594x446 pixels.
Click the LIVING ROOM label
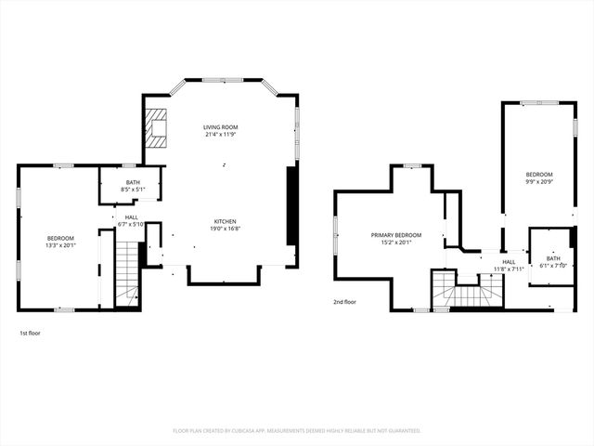pyautogui.click(x=221, y=127)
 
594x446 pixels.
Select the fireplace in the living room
pyautogui.click(x=155, y=129)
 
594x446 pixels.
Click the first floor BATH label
pyautogui.click(x=133, y=183)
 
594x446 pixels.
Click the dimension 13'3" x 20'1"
pyautogui.click(x=61, y=246)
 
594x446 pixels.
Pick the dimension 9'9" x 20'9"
pyautogui.click(x=539, y=182)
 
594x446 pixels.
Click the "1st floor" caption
pyautogui.click(x=30, y=333)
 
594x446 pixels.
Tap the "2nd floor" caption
pyautogui.click(x=345, y=302)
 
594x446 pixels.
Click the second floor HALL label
pyautogui.click(x=510, y=262)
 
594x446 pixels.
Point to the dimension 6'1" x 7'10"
pyautogui.click(x=553, y=265)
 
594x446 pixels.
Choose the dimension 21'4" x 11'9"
pyautogui.click(x=221, y=135)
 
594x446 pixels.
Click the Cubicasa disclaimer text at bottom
pyautogui.click(x=297, y=430)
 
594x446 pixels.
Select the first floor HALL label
pyautogui.click(x=133, y=217)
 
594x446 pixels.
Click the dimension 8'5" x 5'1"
pyautogui.click(x=133, y=190)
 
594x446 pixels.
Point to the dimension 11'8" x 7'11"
pyautogui.click(x=510, y=269)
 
